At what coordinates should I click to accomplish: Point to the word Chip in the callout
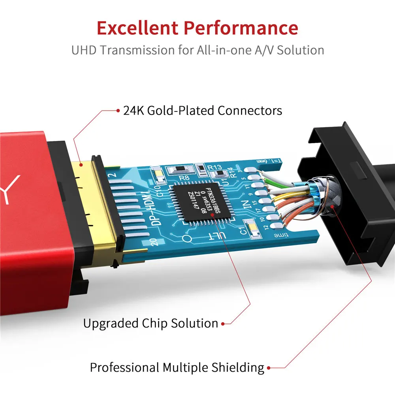tap(155, 324)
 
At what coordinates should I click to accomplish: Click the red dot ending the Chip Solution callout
tap(223, 324)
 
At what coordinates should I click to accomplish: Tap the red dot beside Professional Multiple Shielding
tap(269, 368)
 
